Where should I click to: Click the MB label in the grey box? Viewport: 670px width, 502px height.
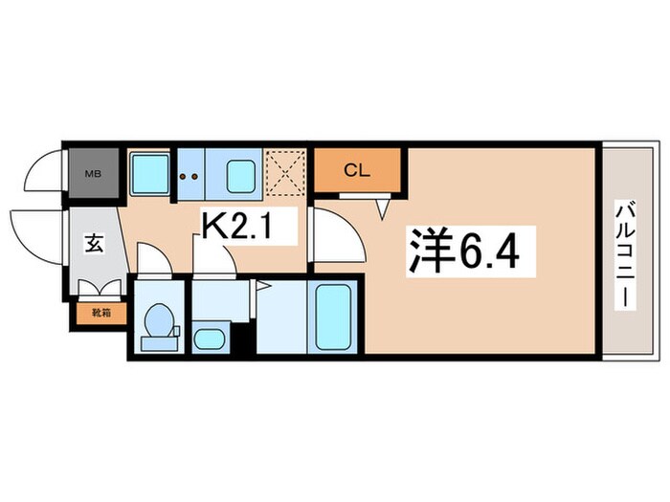(x=93, y=173)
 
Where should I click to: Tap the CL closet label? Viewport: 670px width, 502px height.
(x=357, y=171)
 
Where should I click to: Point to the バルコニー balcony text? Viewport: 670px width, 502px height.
(x=623, y=253)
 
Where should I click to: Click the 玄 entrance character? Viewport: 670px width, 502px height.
(x=94, y=244)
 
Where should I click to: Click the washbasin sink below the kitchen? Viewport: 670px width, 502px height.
(x=210, y=338)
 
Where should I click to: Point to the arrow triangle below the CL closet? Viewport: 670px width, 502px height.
(x=385, y=205)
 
